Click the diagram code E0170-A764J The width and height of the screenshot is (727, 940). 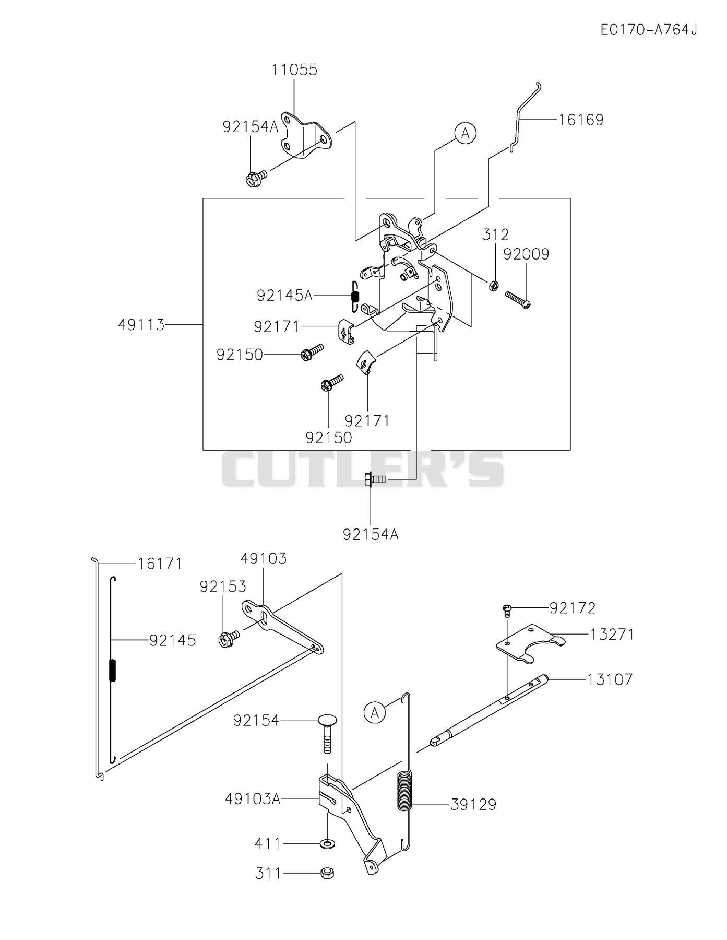click(648, 30)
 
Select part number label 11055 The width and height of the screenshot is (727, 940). click(294, 69)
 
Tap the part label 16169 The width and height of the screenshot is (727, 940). click(581, 120)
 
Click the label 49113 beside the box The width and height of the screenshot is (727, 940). click(141, 325)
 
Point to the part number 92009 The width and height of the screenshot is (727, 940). click(526, 254)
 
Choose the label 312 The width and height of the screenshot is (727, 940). click(495, 234)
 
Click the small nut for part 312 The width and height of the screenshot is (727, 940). click(494, 285)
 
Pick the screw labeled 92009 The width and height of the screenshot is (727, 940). click(518, 300)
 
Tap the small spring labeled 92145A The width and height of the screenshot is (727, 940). click(355, 297)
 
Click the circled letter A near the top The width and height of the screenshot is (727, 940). click(465, 133)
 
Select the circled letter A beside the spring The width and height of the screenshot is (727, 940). click(375, 712)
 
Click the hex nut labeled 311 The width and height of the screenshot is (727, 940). click(327, 873)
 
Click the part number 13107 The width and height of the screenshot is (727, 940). click(610, 679)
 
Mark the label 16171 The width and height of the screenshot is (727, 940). click(160, 563)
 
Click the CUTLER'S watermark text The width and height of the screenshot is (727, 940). click(363, 469)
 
